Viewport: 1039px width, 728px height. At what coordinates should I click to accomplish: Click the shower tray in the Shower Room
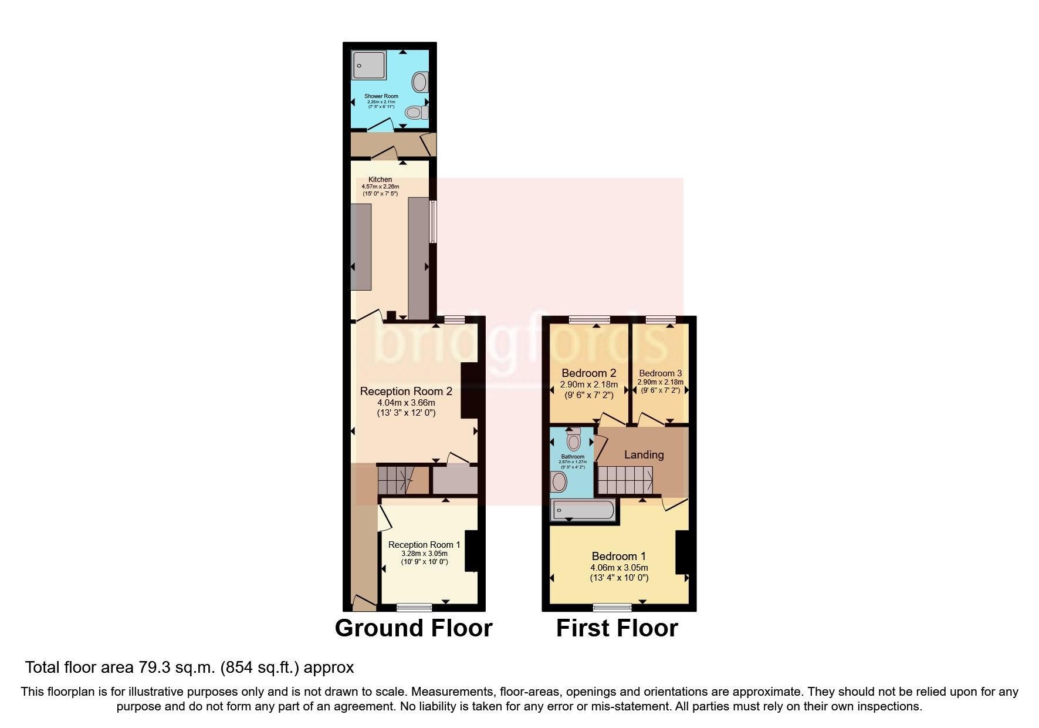[369, 65]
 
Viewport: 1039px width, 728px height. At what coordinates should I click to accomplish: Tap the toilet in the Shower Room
[417, 112]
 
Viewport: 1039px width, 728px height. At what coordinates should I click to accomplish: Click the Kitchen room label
[380, 180]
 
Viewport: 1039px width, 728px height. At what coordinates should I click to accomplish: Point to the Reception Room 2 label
[406, 392]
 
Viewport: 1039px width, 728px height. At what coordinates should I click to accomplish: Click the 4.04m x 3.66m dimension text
[406, 403]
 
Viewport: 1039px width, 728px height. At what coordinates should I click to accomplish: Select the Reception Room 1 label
[424, 545]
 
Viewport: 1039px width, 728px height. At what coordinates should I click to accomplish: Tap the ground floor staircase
[397, 480]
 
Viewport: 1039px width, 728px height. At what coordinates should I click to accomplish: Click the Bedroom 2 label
[588, 373]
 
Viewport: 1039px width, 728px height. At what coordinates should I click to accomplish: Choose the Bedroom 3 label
[660, 373]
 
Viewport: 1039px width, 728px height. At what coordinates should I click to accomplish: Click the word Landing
[644, 455]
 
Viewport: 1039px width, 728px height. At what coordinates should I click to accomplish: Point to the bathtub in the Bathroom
[583, 510]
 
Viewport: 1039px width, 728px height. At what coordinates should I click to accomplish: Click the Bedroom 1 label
[618, 557]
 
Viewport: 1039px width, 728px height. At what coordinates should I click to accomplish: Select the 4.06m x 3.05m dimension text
[619, 568]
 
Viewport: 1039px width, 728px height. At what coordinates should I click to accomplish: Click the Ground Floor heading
[413, 628]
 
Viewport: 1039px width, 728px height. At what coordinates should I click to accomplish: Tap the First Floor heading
[617, 628]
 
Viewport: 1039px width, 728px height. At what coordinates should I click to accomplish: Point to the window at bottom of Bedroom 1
[612, 607]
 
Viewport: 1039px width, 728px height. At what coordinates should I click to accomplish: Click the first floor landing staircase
[625, 480]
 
